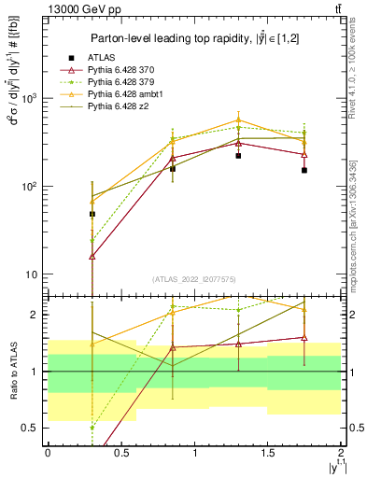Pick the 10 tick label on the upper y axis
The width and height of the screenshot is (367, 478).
tap(33, 274)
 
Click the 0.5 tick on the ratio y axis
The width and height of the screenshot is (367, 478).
tap(31, 429)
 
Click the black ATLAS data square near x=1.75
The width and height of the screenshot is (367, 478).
tap(304, 170)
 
